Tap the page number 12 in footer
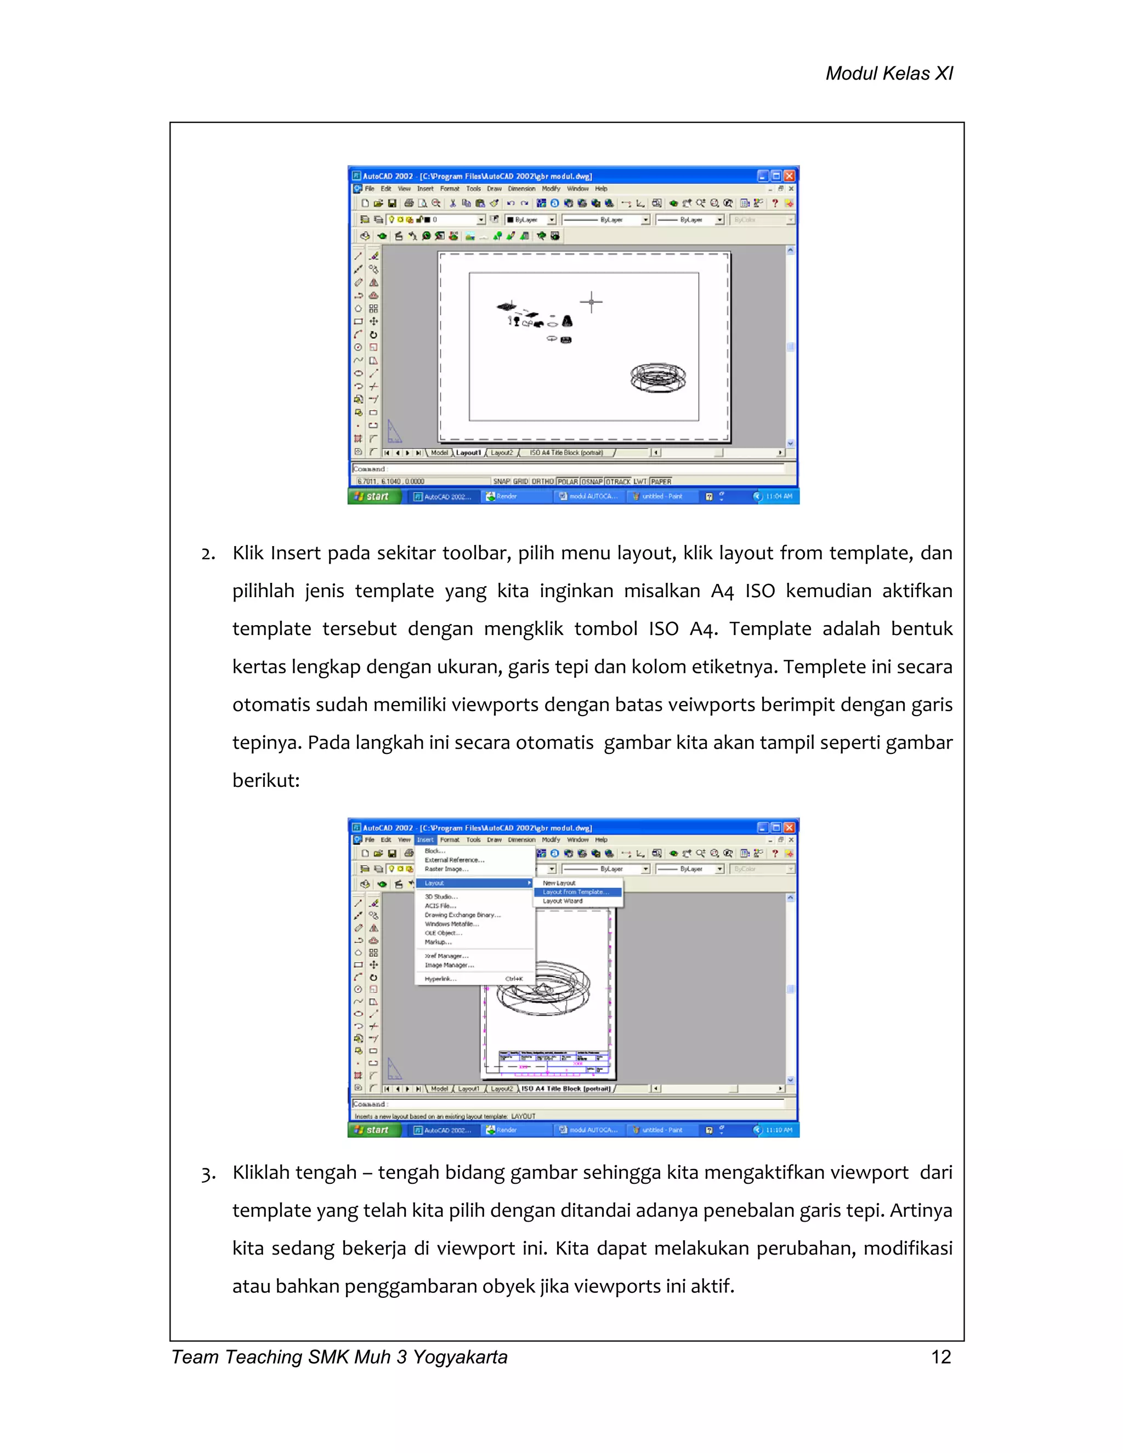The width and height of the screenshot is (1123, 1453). coord(941,1356)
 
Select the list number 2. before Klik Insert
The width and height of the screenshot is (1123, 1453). coord(208,554)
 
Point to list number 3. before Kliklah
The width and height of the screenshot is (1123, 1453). coord(208,1173)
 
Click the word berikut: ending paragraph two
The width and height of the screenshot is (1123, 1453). coord(266,780)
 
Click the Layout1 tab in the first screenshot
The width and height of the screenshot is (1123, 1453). coord(468,452)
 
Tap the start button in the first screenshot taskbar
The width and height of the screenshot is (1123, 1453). coord(373,496)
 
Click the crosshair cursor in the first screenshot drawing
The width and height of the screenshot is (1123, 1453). coord(591,302)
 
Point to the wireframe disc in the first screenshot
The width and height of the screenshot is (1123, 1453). coord(658,378)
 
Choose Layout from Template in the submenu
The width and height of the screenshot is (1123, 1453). coord(576,892)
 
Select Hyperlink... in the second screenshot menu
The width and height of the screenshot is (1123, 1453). coord(440,979)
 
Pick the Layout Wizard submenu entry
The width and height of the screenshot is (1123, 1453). coord(563,901)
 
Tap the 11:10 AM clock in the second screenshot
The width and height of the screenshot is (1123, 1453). coord(779,1130)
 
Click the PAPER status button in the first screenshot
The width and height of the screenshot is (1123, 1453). coord(661,481)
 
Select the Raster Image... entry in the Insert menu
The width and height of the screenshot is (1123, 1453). coord(446,869)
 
